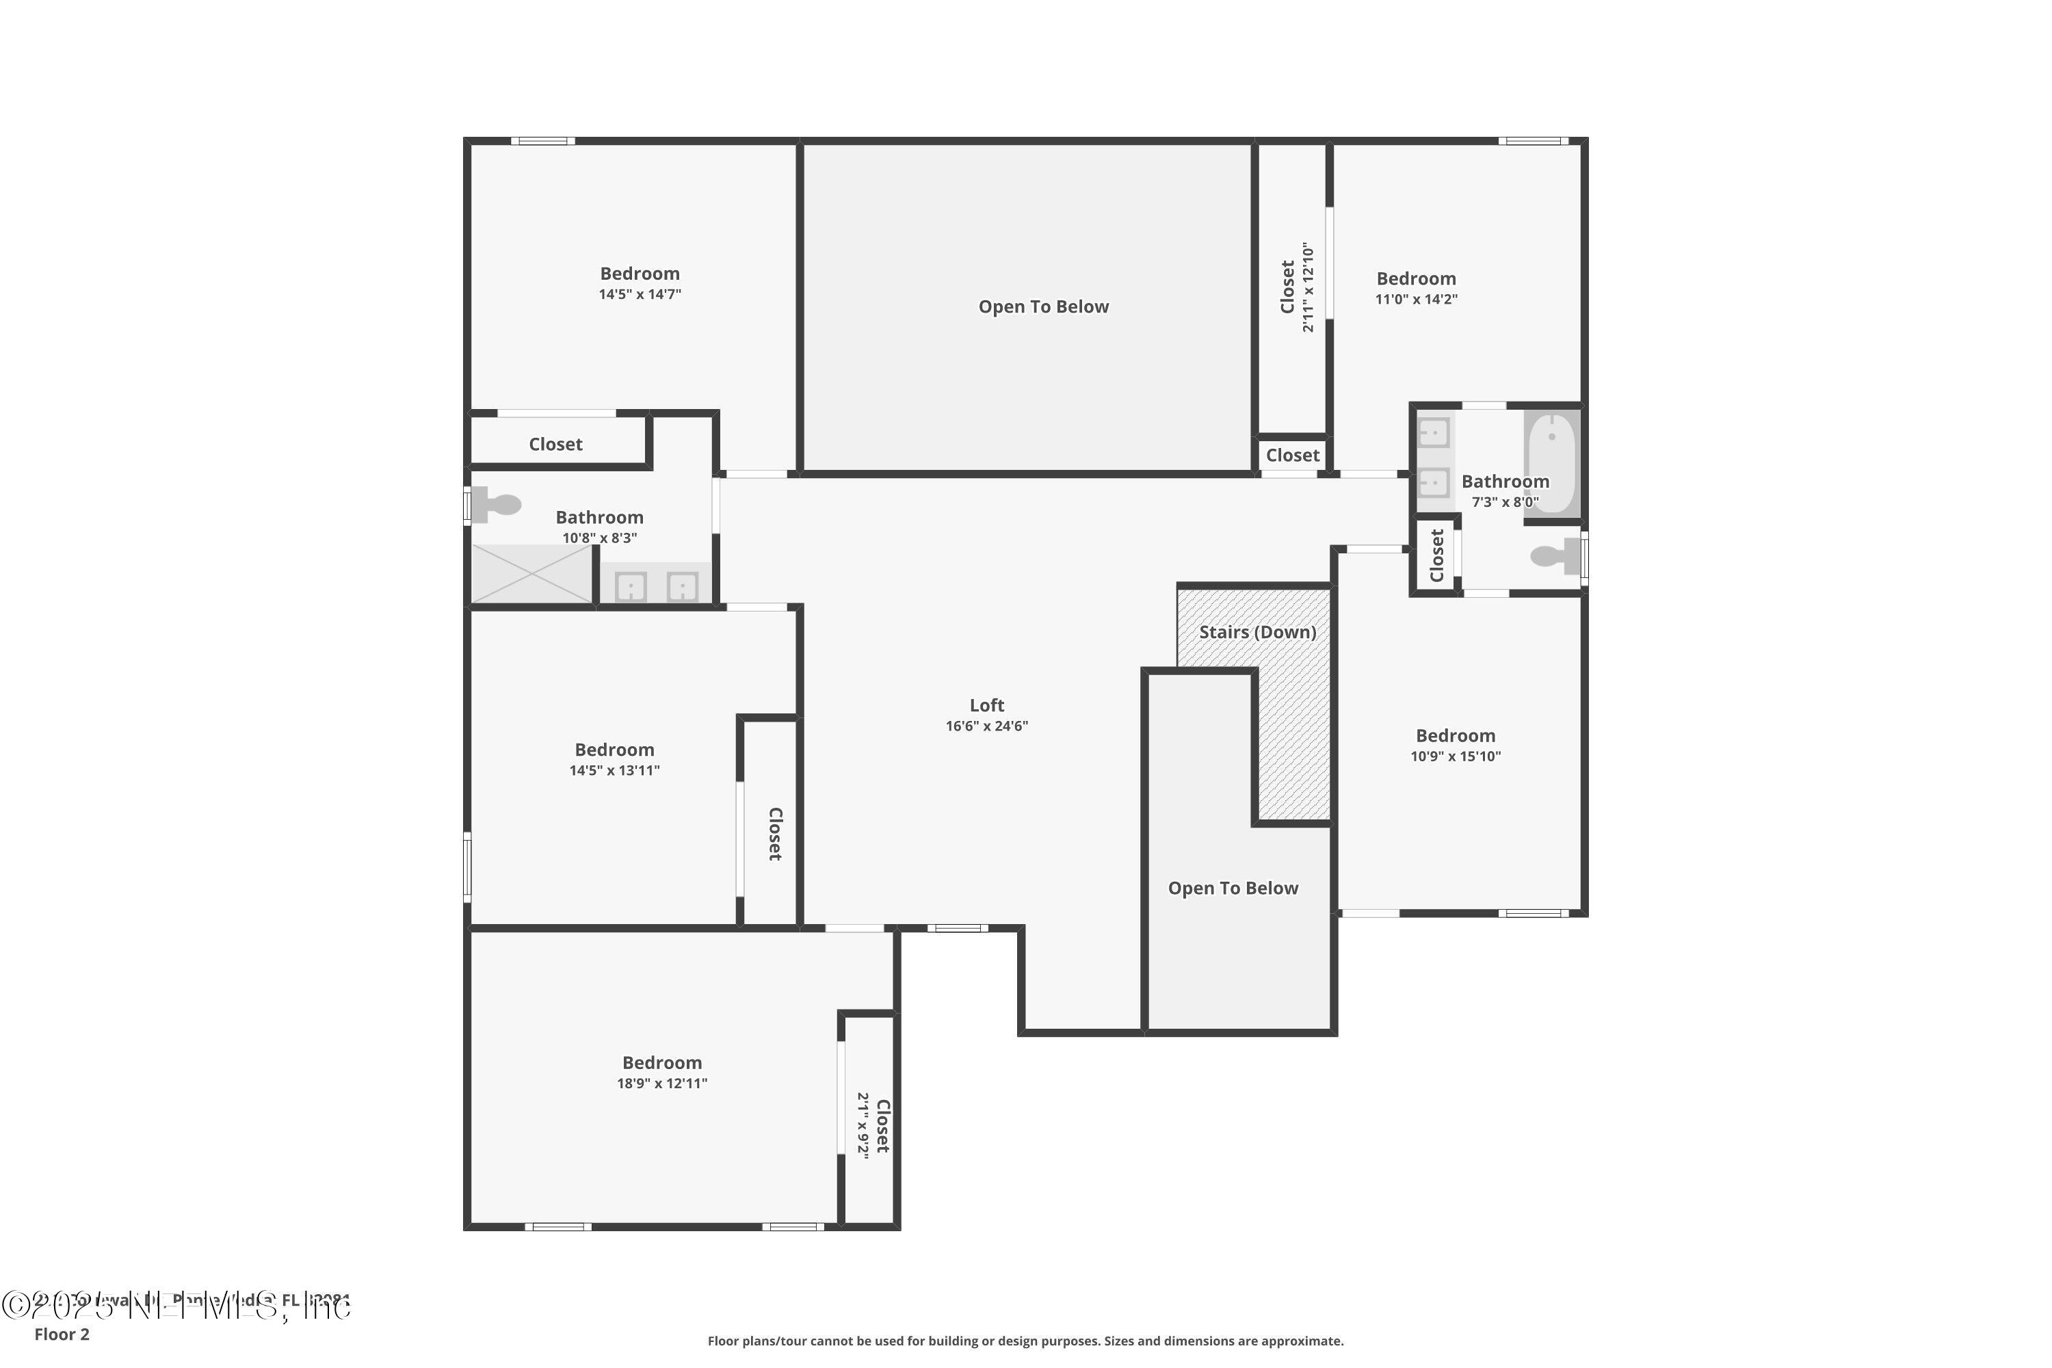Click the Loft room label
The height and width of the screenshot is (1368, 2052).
(x=987, y=705)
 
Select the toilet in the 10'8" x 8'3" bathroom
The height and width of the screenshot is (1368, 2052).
(x=500, y=504)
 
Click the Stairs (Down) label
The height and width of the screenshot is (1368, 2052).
(x=1257, y=631)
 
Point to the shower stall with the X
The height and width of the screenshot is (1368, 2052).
(x=532, y=573)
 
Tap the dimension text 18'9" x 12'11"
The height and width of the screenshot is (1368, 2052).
(x=661, y=1083)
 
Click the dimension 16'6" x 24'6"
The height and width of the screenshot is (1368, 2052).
(x=987, y=726)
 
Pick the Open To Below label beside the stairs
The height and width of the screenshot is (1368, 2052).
(x=1233, y=888)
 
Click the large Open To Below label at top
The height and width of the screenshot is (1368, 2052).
(x=1044, y=306)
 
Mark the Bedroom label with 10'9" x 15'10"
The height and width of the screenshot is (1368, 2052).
(x=1456, y=735)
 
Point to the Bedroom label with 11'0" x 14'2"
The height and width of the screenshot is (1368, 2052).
(x=1416, y=278)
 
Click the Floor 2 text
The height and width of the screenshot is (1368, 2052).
(x=62, y=1334)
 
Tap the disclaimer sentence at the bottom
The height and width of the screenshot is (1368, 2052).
(x=1025, y=1341)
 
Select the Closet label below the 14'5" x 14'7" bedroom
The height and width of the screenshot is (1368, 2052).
(x=555, y=444)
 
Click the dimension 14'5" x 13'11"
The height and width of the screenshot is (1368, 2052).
(x=614, y=770)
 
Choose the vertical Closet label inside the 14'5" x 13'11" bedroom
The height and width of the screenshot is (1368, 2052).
(x=774, y=834)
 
